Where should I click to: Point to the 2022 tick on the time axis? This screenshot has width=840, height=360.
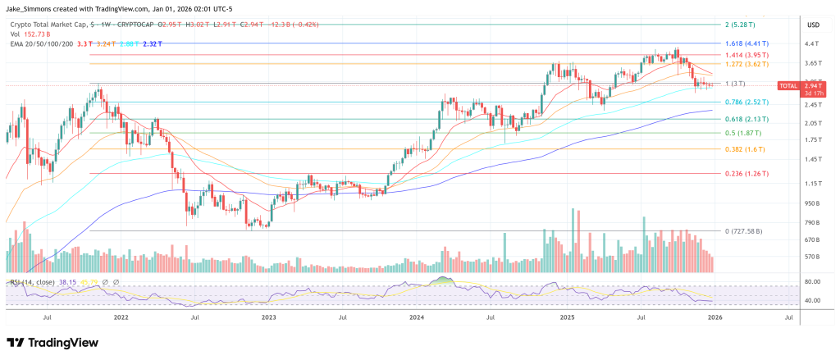[121, 316]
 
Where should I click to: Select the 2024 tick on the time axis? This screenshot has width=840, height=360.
[417, 316]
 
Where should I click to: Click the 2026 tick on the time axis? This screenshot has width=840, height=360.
[714, 316]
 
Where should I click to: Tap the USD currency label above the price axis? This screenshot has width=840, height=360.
[813, 25]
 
